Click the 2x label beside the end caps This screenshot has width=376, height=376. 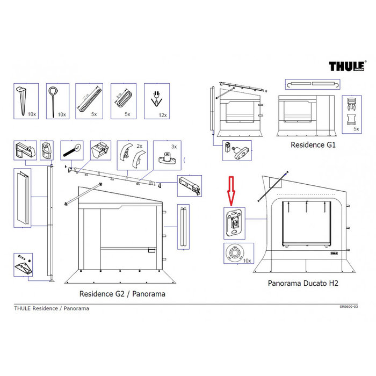click(x=140, y=146)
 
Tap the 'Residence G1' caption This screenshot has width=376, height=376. click(x=313, y=145)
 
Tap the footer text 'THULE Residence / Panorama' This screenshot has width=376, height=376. click(x=52, y=308)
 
